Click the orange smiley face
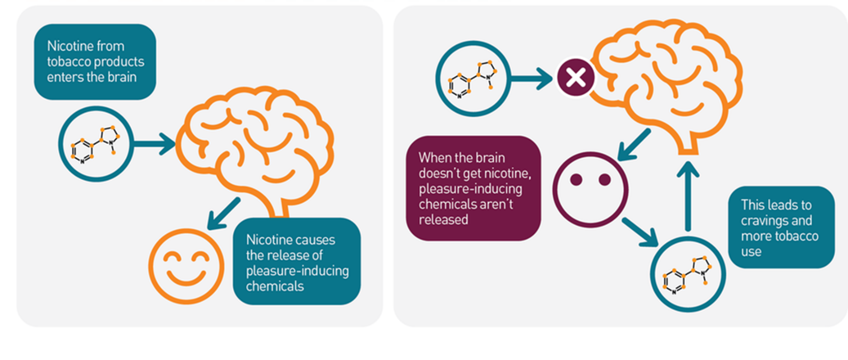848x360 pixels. click(186, 266)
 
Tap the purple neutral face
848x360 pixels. click(590, 189)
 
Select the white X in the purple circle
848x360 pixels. click(576, 78)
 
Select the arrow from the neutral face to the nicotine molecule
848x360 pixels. click(640, 232)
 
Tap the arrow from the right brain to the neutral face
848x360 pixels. click(633, 145)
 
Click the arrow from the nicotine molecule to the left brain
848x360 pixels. click(154, 144)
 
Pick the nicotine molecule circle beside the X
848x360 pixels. click(473, 79)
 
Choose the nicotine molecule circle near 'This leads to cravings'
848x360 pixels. click(688, 274)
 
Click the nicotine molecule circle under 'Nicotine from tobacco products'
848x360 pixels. click(96, 144)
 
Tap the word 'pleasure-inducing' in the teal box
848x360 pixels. click(297, 271)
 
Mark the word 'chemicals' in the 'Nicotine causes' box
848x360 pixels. click(275, 286)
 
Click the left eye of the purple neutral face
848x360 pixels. click(576, 180)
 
